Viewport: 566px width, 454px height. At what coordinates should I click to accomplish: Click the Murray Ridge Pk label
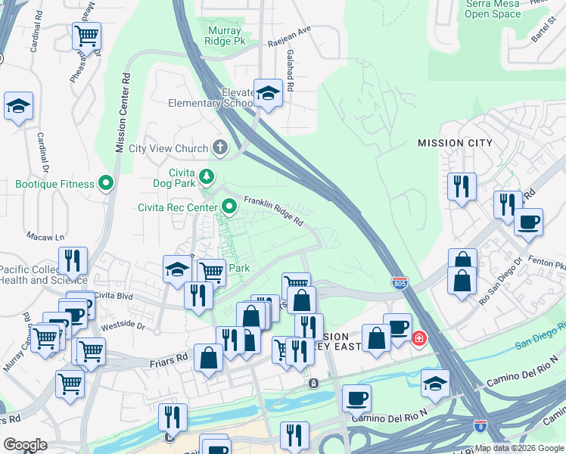(x=224, y=36)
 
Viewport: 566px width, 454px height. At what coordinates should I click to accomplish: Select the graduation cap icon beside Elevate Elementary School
(x=267, y=93)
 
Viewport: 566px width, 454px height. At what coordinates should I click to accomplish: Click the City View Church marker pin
(x=220, y=148)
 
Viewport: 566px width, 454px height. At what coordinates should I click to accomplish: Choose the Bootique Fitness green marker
(x=106, y=183)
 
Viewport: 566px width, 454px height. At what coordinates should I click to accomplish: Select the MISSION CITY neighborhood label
(x=455, y=143)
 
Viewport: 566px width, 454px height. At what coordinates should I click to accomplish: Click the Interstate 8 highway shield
(x=480, y=428)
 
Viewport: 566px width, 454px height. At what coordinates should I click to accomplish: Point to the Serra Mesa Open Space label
(x=493, y=9)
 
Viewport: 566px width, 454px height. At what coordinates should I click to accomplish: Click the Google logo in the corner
(x=26, y=445)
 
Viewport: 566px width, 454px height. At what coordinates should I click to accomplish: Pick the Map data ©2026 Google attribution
(x=518, y=448)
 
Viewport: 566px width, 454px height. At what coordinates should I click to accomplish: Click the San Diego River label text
(x=540, y=336)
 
